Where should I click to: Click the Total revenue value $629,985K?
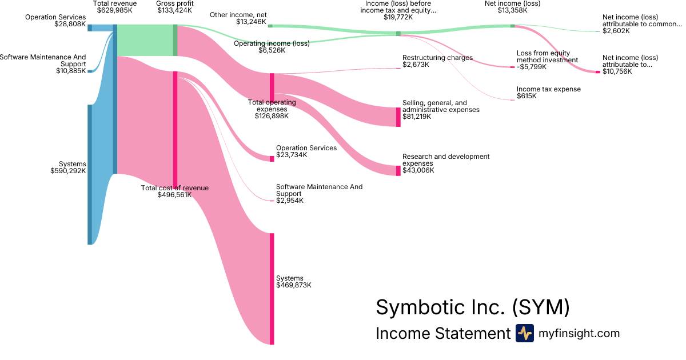[x=115, y=10]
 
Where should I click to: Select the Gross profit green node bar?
[x=175, y=40]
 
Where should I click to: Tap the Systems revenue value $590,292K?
[x=68, y=170]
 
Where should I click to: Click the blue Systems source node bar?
[x=89, y=174]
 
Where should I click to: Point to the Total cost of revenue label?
[x=175, y=187]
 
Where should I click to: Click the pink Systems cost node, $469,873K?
[x=272, y=289]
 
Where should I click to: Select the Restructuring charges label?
[x=437, y=58]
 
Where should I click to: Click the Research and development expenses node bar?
[x=398, y=170]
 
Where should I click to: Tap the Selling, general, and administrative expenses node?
[x=398, y=117]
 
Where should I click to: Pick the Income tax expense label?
[x=548, y=89]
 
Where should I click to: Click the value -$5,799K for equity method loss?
[x=532, y=67]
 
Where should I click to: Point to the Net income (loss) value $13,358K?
[x=512, y=10]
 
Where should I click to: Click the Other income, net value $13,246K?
[x=251, y=22]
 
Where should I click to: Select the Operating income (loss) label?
[x=272, y=43]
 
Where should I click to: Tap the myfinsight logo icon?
[x=524, y=333]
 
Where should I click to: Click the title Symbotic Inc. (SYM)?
[x=472, y=307]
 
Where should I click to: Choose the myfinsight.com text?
[x=579, y=333]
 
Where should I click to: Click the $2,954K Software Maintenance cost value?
[x=290, y=201]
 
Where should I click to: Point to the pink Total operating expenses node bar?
[x=272, y=86]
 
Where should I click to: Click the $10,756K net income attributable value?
[x=617, y=71]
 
